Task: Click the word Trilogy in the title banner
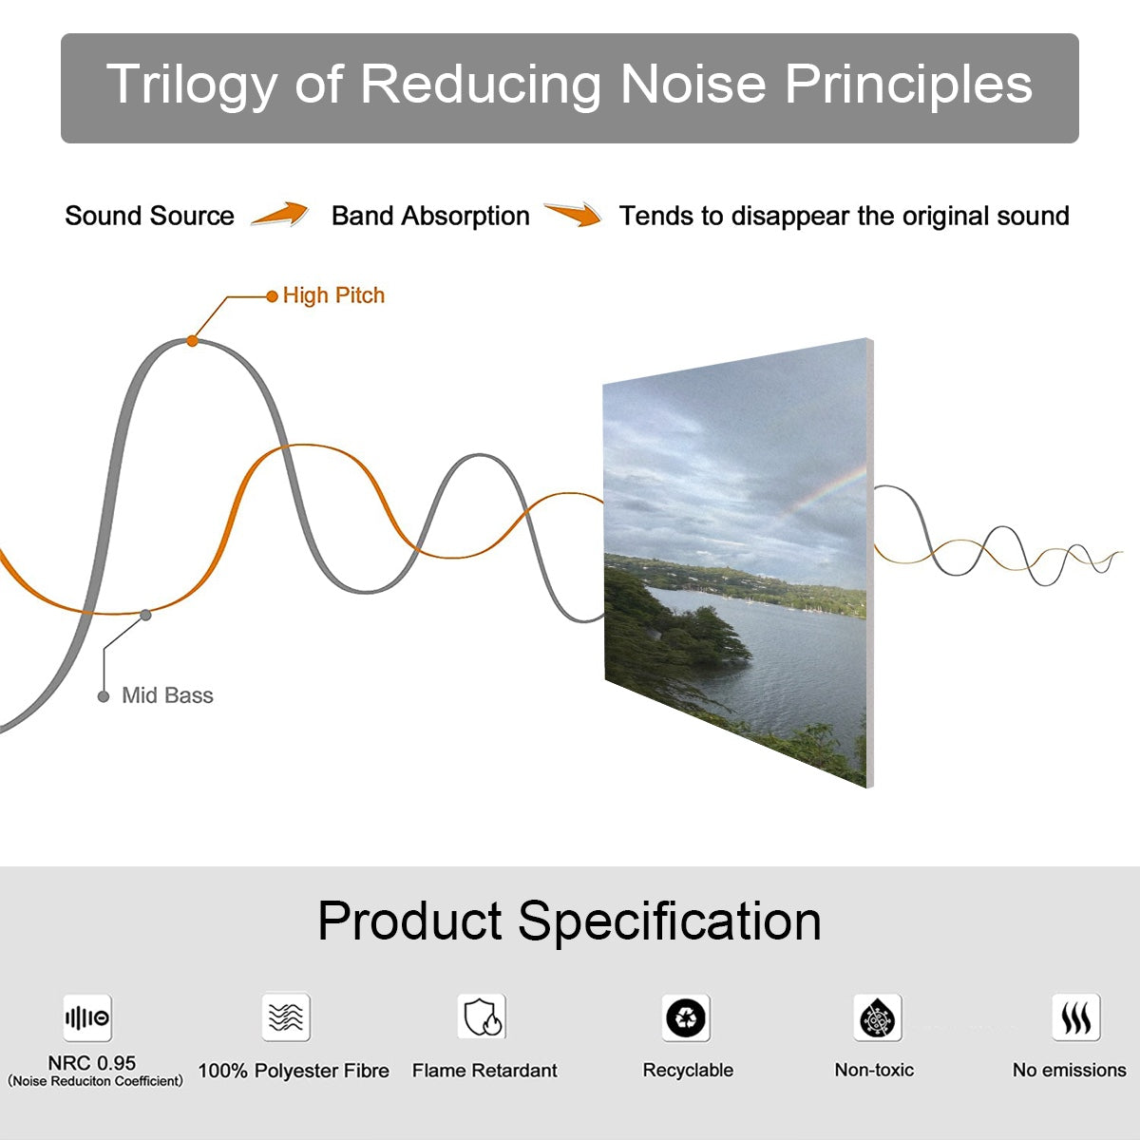192,85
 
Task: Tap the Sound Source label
150,216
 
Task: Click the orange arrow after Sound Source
280,214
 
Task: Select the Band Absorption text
430,217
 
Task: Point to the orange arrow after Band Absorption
573,214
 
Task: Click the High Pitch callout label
333,295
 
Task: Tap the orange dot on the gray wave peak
192,341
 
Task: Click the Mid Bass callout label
167,695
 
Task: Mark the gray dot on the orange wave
145,616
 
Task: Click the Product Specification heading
569,921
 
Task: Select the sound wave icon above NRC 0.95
87,1017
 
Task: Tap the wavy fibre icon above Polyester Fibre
286,1016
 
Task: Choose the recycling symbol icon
686,1017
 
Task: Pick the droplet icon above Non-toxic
878,1017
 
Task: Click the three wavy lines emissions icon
1076,1017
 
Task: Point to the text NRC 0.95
92,1062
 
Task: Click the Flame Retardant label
484,1071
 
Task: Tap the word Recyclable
688,1070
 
